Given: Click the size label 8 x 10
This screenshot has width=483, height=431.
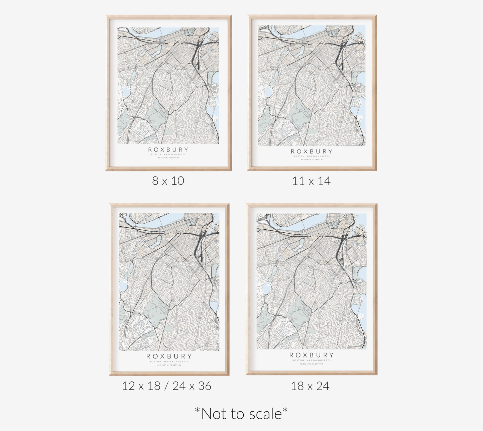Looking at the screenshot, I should (x=168, y=181).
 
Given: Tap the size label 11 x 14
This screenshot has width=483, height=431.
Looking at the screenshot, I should (x=311, y=181).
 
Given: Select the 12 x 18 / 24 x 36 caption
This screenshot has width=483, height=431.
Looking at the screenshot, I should (x=166, y=386).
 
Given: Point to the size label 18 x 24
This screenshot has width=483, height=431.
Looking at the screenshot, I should (x=310, y=386).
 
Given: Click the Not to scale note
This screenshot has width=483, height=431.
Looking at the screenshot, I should (x=241, y=414).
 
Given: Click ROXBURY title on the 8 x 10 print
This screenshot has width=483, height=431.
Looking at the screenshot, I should (x=168, y=149).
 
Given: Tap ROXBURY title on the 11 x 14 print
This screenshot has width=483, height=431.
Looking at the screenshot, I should (x=312, y=151).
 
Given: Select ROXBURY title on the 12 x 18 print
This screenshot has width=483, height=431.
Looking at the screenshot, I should (x=169, y=356).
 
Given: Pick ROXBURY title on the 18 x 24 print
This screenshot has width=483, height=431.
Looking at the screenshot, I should (x=312, y=355).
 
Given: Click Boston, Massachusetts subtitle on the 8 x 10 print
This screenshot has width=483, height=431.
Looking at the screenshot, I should (x=168, y=154).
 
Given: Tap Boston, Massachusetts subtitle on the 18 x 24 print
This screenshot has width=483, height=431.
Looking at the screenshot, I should (x=312, y=360).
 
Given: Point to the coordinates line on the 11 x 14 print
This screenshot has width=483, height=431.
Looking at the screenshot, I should (x=312, y=159).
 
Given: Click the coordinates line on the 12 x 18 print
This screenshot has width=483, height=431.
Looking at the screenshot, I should (x=169, y=365).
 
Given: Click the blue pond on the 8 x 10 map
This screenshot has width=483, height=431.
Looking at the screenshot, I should (x=126, y=90).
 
